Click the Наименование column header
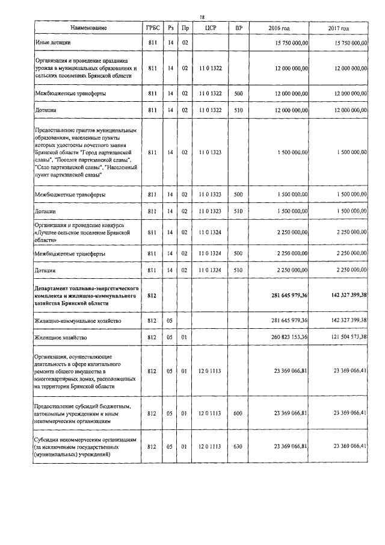[x=88, y=28]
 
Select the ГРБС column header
[x=151, y=28]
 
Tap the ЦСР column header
[x=210, y=28]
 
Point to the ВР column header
[x=239, y=28]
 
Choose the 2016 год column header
[x=279, y=28]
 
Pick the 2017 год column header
[x=339, y=28]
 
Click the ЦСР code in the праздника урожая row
[x=210, y=69]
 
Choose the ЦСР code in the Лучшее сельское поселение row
[x=210, y=232]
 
